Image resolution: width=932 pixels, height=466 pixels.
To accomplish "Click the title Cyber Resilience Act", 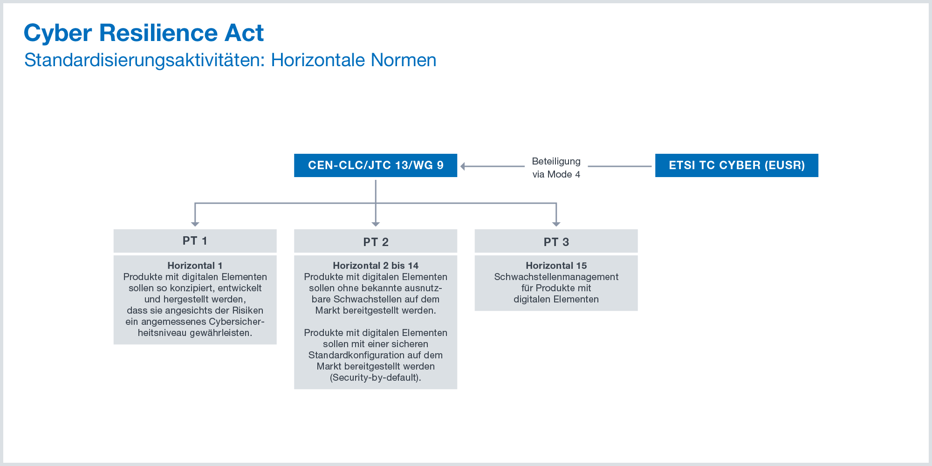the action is point(144,34).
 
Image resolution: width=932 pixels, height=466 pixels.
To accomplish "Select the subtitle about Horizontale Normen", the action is point(230,60).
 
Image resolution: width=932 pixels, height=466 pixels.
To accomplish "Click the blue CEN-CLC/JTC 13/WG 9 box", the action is point(376,165).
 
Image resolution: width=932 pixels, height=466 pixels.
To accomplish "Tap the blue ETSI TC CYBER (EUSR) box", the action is point(737,165).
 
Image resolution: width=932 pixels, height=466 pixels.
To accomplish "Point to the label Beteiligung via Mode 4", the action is point(556,168).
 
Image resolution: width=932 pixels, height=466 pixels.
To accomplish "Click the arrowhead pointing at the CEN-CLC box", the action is point(463,166).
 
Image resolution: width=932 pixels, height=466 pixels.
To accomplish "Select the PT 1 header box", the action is point(195,241).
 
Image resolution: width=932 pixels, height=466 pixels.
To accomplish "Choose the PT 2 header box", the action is point(376,241).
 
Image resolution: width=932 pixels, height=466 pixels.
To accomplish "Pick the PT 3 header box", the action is point(556,241).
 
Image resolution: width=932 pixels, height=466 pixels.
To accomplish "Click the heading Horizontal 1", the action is point(195,266).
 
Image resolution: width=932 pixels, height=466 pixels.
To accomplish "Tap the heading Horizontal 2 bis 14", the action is point(376,266).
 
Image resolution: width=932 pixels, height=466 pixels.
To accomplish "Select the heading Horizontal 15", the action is point(556,266).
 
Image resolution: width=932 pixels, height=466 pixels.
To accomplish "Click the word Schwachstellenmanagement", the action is point(556,277).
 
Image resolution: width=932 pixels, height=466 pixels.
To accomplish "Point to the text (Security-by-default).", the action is point(376,377).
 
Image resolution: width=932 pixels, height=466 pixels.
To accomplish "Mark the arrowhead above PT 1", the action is point(195,224).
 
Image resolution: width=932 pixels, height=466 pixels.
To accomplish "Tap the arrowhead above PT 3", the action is point(556,224).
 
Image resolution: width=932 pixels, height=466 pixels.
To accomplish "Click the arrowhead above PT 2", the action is point(376,224).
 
